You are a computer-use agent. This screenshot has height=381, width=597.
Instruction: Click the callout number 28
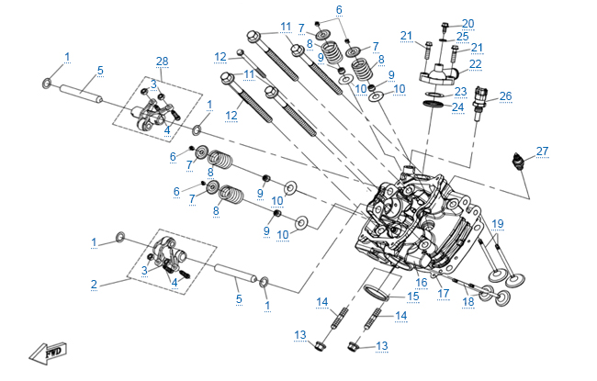pos(163,61)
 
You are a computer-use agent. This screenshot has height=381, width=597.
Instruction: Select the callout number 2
pos(94,285)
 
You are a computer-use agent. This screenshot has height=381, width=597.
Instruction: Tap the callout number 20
pos(467,23)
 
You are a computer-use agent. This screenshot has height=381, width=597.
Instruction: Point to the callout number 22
pos(477,63)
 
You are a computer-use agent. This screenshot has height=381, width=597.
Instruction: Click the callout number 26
pos(505,95)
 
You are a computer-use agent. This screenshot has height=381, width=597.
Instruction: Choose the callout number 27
pos(542,151)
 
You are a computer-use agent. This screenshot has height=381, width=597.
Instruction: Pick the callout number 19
pos(498,223)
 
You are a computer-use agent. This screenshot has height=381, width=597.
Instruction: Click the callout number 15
pos(413,296)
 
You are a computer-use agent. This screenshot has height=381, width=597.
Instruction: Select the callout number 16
pos(422,282)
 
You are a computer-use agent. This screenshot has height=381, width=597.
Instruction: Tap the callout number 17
pos(443,294)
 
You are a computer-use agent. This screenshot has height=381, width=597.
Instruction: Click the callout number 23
pos(460,91)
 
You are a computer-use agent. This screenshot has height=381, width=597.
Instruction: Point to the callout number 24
pos(456,107)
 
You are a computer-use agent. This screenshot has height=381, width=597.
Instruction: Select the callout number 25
pos(462,36)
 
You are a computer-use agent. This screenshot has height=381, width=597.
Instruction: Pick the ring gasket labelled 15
pos(377,295)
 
